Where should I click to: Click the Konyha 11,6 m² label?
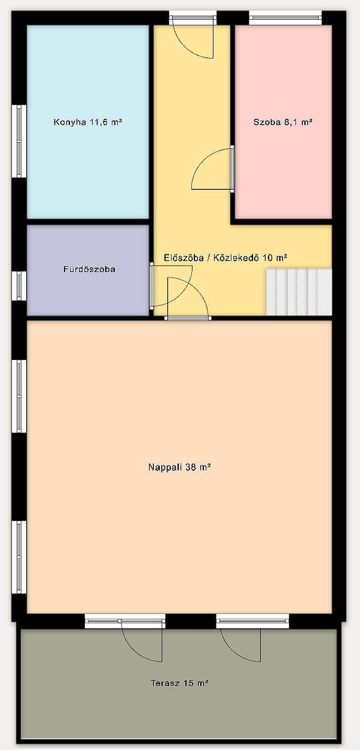88,122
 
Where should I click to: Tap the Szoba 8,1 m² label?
283,122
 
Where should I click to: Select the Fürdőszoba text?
89,269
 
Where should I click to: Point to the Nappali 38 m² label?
180,467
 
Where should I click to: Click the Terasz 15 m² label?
180,683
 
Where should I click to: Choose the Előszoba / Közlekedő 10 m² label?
225,257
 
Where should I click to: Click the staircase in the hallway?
299,291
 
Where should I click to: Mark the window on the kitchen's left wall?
19,141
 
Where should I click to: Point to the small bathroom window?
19,286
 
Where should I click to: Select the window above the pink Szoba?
286,17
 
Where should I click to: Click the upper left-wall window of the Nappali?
19,396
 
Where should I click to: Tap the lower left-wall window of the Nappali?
19,557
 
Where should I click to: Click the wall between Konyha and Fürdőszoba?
88,222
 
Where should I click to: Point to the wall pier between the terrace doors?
191,621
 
